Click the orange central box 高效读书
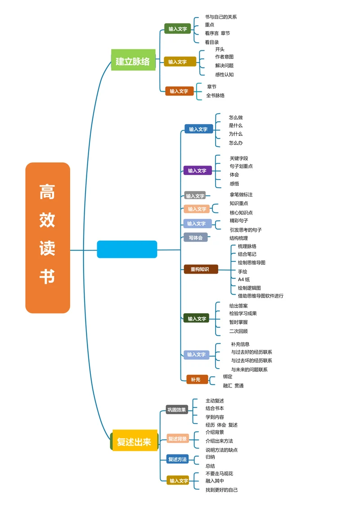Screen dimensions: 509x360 [48, 238]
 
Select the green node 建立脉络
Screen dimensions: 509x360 [133, 60]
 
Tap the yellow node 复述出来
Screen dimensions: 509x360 [135, 441]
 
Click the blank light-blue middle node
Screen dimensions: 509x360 [127, 249]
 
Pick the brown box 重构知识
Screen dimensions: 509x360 [201, 269]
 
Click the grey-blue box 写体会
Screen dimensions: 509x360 [195, 237]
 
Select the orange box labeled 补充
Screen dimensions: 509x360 [197, 379]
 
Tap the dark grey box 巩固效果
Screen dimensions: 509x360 [176, 410]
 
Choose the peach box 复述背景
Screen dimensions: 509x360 [177, 438]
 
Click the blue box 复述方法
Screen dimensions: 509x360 [177, 459]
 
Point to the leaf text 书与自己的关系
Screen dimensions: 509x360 [220, 17]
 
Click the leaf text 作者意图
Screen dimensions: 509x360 [224, 57]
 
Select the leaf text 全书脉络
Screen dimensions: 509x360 [215, 95]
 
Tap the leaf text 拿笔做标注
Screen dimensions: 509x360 [241, 195]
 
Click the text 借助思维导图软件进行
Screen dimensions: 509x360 [261, 296]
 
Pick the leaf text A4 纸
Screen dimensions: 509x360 [244, 279]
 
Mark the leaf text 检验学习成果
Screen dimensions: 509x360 [243, 313]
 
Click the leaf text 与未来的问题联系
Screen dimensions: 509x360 [249, 369]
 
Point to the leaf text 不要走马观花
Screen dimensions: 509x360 [219, 473]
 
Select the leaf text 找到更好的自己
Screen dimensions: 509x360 [221, 490]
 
